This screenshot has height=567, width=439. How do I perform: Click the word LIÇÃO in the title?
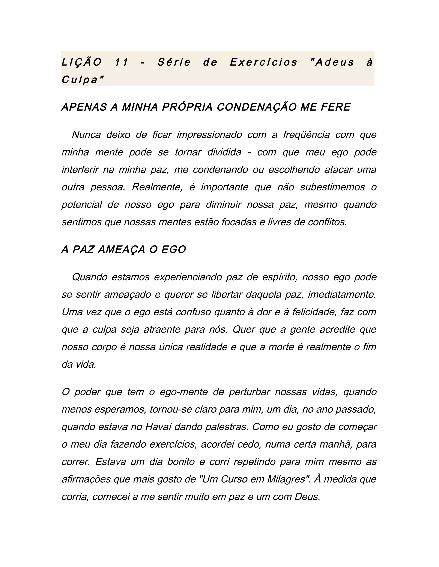(81, 62)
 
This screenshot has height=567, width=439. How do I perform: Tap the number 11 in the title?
(122, 62)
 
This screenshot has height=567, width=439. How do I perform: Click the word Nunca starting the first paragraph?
(86, 135)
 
